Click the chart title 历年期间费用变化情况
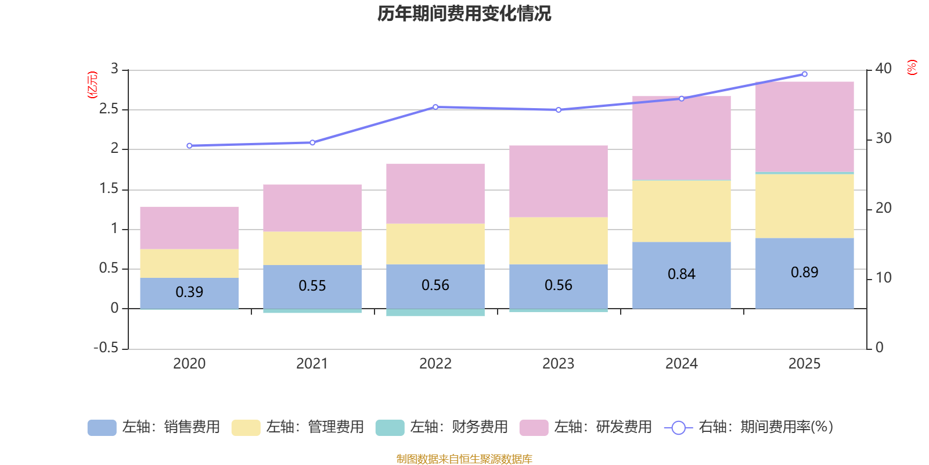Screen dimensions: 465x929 coord(464,13)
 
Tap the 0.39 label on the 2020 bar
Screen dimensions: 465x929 coord(189,292)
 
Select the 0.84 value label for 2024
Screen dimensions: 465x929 coord(681,274)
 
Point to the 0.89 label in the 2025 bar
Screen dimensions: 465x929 coord(804,272)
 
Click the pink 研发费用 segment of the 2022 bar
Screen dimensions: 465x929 coord(435,194)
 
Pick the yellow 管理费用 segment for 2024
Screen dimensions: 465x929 coord(681,211)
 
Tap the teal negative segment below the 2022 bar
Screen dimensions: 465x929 coord(435,313)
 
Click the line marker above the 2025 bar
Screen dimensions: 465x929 coord(804,74)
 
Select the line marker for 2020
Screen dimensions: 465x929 coord(189,146)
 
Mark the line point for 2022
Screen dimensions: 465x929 coord(435,107)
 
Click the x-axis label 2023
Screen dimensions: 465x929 coord(558,364)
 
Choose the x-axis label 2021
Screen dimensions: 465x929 coord(312,364)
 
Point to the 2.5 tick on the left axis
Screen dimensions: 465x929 coord(109,109)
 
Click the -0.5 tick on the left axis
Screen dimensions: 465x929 coord(106,348)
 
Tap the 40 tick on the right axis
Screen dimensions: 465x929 coord(883,69)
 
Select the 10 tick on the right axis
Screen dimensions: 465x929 coord(883,278)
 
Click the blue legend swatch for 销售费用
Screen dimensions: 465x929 coord(102,427)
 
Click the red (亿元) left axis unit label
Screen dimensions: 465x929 coord(92,85)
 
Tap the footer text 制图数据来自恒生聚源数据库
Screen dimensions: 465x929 coord(464,459)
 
